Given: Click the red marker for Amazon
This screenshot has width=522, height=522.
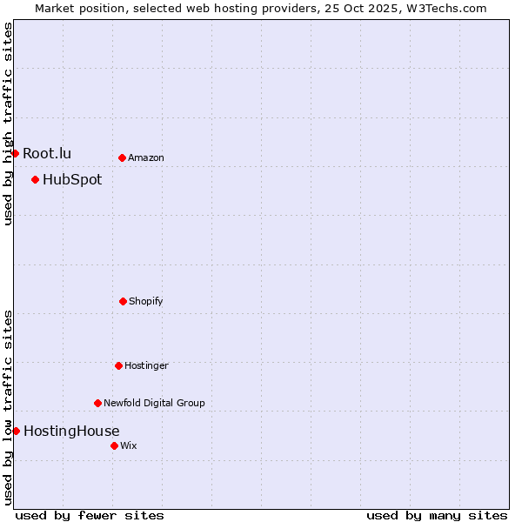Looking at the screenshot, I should point(122,157).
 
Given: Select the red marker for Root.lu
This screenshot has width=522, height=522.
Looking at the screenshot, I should point(15,153).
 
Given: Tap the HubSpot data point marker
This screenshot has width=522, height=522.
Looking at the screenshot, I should point(35,179).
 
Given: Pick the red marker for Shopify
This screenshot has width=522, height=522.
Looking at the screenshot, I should point(123,301).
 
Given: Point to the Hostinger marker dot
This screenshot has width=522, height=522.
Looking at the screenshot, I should point(118,365).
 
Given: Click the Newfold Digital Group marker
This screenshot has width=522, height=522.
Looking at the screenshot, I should point(97,403).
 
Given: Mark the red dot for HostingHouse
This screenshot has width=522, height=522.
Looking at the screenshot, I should point(16,431).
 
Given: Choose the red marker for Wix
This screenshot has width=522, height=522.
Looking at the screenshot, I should point(114,445).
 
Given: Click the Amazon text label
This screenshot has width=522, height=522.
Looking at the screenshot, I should point(146,157).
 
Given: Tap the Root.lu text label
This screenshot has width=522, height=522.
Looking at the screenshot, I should point(47,154).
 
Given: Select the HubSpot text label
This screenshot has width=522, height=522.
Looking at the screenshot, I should point(72,180).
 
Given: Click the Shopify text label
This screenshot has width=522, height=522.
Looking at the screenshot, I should point(146,301).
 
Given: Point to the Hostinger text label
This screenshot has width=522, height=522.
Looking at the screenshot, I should point(146,365).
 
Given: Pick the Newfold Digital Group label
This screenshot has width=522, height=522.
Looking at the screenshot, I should point(154,403).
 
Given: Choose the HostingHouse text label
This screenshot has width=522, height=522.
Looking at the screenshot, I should point(71,431).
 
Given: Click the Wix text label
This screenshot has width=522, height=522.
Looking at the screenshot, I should point(129,445).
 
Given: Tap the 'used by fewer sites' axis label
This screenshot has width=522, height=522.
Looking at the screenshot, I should point(90,515).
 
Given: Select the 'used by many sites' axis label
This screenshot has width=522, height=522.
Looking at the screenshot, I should point(437,515).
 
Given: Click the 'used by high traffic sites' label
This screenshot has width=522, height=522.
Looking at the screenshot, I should point(8,124).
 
